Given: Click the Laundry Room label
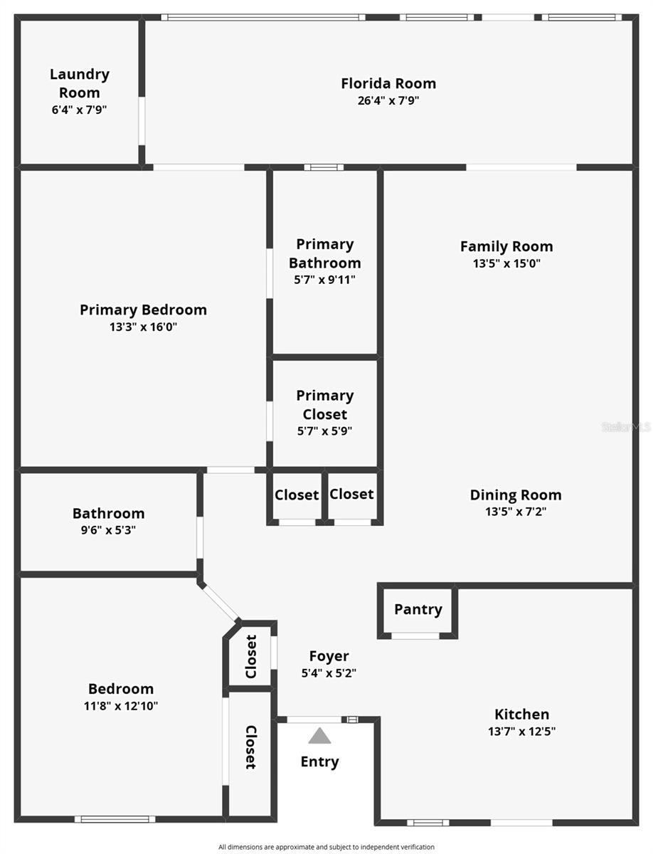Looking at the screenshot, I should (80, 83).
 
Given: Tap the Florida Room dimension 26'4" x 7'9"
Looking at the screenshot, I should (388, 101).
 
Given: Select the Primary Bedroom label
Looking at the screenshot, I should (143, 310).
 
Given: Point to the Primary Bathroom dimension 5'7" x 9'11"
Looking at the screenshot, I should (324, 280).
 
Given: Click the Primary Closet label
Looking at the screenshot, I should (324, 404).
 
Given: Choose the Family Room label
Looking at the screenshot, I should (506, 246).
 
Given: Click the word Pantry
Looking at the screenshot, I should (418, 609).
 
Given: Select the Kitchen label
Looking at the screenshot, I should (521, 714).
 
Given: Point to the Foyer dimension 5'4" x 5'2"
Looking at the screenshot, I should (329, 673).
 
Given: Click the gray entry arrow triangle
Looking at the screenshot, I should (319, 735).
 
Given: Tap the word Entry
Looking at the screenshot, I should (319, 761).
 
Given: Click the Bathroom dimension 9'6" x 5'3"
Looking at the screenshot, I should (108, 530).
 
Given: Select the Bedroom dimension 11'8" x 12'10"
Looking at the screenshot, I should (121, 706).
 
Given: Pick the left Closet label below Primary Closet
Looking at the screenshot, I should (297, 495).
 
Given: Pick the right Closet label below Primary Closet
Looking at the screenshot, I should (351, 494).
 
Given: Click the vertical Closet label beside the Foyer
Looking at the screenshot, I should (250, 656).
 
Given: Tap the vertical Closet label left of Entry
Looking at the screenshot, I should (250, 747).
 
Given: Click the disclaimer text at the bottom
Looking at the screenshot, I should (326, 847).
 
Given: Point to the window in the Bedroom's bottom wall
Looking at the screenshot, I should (115, 819).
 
